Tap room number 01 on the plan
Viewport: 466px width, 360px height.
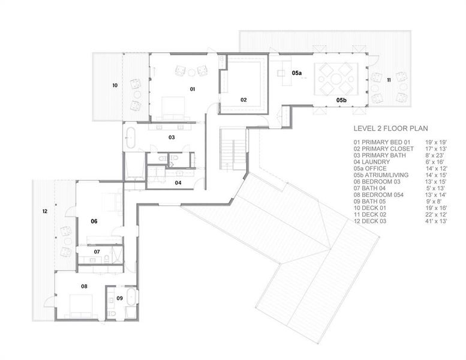[x=193, y=89]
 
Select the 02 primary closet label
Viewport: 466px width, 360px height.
[x=244, y=100]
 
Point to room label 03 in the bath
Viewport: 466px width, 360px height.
[x=171, y=137]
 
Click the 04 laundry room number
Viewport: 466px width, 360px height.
[x=178, y=182]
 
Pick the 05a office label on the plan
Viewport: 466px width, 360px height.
[x=297, y=73]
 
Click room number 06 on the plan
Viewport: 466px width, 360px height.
[x=94, y=221]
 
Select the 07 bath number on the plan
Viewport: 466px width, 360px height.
[x=96, y=252]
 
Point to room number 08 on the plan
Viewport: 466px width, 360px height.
[x=84, y=286]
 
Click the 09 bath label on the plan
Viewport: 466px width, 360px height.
[x=119, y=298]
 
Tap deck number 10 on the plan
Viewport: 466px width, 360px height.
[x=115, y=85]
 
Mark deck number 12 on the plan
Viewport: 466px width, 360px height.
[x=44, y=211]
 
